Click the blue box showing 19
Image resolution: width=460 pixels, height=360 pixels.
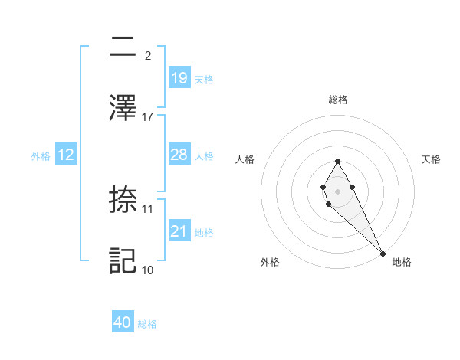(179, 77)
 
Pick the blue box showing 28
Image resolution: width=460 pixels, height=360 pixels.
(179, 155)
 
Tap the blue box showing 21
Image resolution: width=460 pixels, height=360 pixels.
(179, 232)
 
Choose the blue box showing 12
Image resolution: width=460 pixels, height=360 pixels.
(65, 155)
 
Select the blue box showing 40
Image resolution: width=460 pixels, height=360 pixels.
(123, 323)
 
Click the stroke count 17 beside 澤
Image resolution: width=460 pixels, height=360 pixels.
(148, 116)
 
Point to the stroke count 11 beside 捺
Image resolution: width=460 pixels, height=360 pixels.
(148, 208)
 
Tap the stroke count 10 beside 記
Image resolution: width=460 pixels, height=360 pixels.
(148, 270)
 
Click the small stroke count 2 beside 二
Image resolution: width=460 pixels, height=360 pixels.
(147, 55)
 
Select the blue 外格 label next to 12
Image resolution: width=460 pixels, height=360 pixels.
(41, 155)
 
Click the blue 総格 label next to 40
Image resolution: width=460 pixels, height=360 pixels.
(147, 324)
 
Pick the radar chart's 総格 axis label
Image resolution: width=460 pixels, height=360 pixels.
(338, 100)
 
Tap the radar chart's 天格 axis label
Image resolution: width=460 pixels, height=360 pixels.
(431, 159)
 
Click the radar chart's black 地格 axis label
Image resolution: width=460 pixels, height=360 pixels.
(402, 262)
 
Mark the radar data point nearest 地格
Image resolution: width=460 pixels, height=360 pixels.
(383, 252)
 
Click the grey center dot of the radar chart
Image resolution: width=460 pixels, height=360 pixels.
(337, 190)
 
